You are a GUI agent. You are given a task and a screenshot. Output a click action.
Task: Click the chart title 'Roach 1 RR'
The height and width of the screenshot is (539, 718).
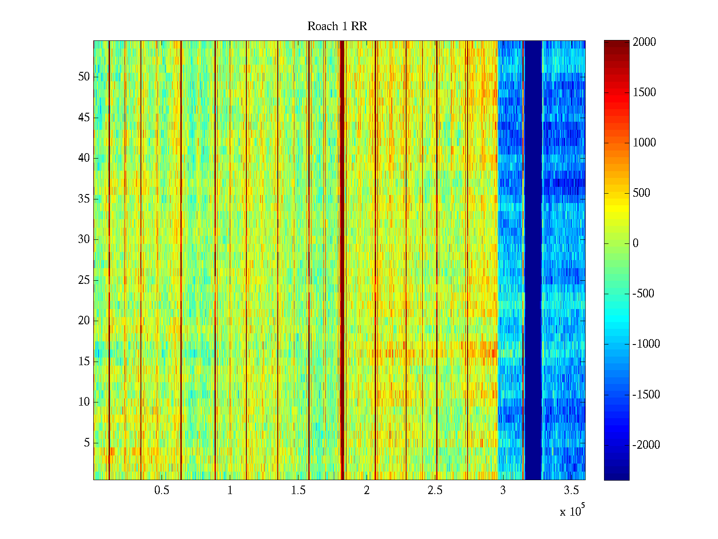pos(337,27)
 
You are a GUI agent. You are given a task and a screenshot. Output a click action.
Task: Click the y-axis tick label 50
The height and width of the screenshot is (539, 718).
pos(84,77)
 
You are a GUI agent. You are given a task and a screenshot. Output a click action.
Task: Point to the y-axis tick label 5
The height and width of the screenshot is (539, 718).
pos(87,443)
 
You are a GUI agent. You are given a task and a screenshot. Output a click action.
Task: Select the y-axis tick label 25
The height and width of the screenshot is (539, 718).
pos(84,280)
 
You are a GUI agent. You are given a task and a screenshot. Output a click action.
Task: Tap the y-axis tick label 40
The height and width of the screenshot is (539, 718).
pos(84,158)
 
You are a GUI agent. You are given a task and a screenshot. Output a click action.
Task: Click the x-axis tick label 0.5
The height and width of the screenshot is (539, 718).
pos(162,490)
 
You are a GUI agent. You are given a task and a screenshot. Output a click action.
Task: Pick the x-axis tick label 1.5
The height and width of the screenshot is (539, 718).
pos(298,490)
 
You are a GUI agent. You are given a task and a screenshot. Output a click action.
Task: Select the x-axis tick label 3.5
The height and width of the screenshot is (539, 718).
pos(572,490)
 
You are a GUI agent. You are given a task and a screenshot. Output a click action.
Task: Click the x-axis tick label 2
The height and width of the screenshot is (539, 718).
pos(367,490)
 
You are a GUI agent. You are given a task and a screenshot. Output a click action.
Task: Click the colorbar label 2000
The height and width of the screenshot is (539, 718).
pos(644,42)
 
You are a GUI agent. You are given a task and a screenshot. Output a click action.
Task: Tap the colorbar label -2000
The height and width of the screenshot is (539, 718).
pos(646,445)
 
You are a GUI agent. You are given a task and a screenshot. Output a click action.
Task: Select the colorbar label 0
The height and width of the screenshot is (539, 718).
pos(635,243)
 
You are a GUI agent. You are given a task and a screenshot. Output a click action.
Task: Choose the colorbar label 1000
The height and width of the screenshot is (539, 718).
pos(644,143)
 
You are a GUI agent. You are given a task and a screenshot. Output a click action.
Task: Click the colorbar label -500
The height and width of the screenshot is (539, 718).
pos(644,294)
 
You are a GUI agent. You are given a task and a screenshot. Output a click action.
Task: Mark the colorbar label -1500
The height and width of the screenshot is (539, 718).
pos(646,395)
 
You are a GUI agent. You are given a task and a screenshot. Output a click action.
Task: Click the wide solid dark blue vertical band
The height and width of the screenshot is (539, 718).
pos(533,261)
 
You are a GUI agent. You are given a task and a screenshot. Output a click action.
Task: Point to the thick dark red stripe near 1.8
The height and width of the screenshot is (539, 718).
pos(342,261)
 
